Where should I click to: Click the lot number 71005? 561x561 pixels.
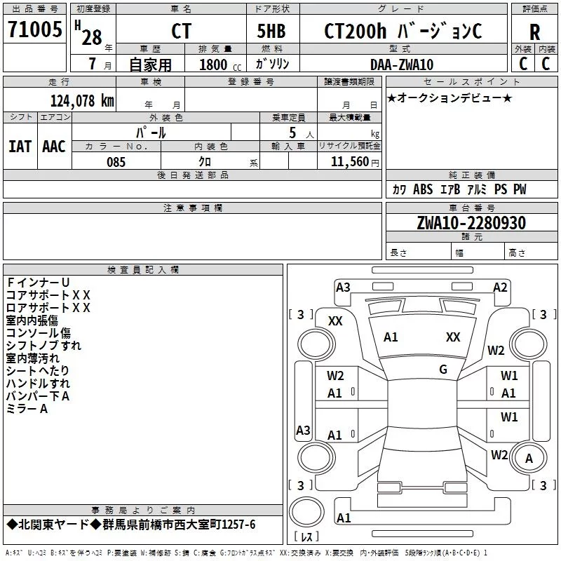(x=34, y=29)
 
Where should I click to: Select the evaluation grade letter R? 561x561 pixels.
(x=534, y=32)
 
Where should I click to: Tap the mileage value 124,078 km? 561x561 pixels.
(x=82, y=101)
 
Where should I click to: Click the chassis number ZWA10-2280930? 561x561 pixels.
(x=471, y=223)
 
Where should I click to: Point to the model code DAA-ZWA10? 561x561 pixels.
(x=402, y=65)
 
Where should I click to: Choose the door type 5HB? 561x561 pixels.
(x=271, y=31)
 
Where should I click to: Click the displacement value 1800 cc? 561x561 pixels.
(x=220, y=65)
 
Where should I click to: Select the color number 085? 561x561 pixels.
(x=116, y=162)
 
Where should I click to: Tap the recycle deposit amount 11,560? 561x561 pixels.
(x=350, y=162)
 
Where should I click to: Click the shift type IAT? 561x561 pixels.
(x=20, y=147)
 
